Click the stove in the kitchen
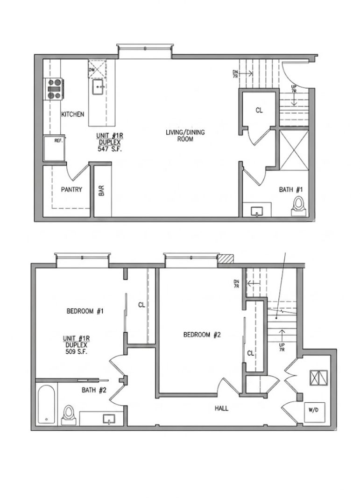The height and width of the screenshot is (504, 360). click(54, 89)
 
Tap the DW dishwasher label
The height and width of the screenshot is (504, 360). click(92, 70)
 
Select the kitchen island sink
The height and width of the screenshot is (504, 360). click(98, 87)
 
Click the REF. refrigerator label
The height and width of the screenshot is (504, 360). click(58, 140)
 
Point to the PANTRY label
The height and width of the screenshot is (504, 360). click(71, 189)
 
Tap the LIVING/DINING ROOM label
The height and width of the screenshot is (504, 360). click(185, 135)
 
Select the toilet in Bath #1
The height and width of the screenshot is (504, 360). click(298, 206)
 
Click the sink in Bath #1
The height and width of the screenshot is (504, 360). click(257, 211)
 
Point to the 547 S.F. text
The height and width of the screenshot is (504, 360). click(109, 149)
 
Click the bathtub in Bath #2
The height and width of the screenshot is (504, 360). click(46, 404)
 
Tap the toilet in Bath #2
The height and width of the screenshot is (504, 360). click(68, 415)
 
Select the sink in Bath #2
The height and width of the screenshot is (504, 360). click(109, 419)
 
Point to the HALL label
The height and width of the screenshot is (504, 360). click(221, 408)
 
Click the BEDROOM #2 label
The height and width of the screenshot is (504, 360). click(202, 335)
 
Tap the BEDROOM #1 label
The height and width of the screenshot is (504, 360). click(85, 311)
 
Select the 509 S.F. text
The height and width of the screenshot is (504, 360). click(76, 352)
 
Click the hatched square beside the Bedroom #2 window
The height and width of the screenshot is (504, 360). click(226, 259)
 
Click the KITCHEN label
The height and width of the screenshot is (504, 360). click(73, 114)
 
